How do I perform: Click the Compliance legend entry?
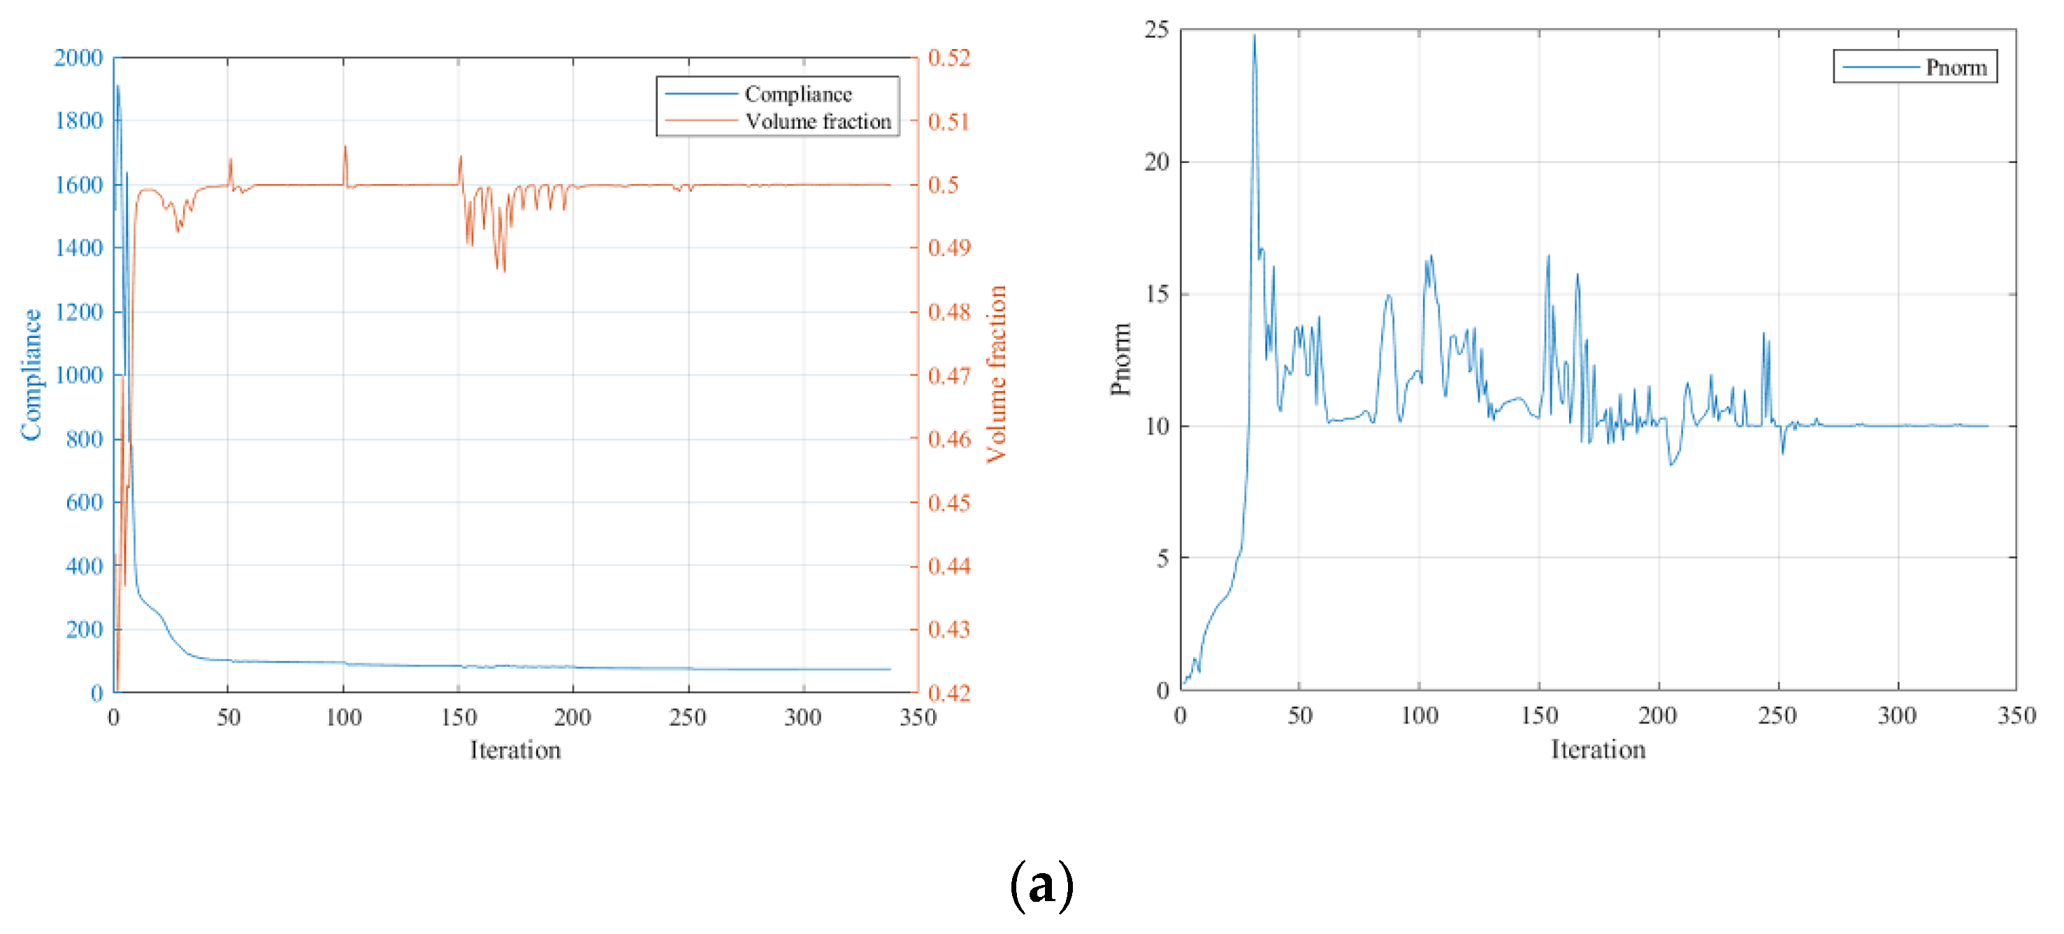(x=798, y=94)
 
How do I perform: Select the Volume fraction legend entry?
(x=817, y=122)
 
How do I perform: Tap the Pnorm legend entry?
(x=1956, y=67)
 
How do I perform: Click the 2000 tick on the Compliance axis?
(x=78, y=58)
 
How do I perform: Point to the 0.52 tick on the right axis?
(x=948, y=58)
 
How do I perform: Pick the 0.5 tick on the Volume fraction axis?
(x=943, y=185)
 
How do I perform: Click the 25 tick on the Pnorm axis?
(x=1156, y=29)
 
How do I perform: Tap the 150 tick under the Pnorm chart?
(x=1539, y=715)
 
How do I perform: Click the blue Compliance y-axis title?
(x=31, y=374)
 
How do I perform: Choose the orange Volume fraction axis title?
(x=996, y=374)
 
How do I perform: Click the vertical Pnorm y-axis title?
(x=1120, y=359)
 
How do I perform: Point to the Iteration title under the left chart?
(x=515, y=751)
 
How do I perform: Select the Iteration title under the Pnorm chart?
(x=1598, y=749)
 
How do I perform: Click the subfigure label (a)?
(x=1041, y=886)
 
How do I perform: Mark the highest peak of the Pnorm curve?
(x=1254, y=35)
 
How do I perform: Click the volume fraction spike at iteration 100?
(x=345, y=147)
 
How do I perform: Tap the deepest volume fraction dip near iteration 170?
(x=504, y=271)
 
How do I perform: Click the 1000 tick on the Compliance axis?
(x=78, y=374)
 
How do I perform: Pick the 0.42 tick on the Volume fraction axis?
(x=948, y=693)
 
